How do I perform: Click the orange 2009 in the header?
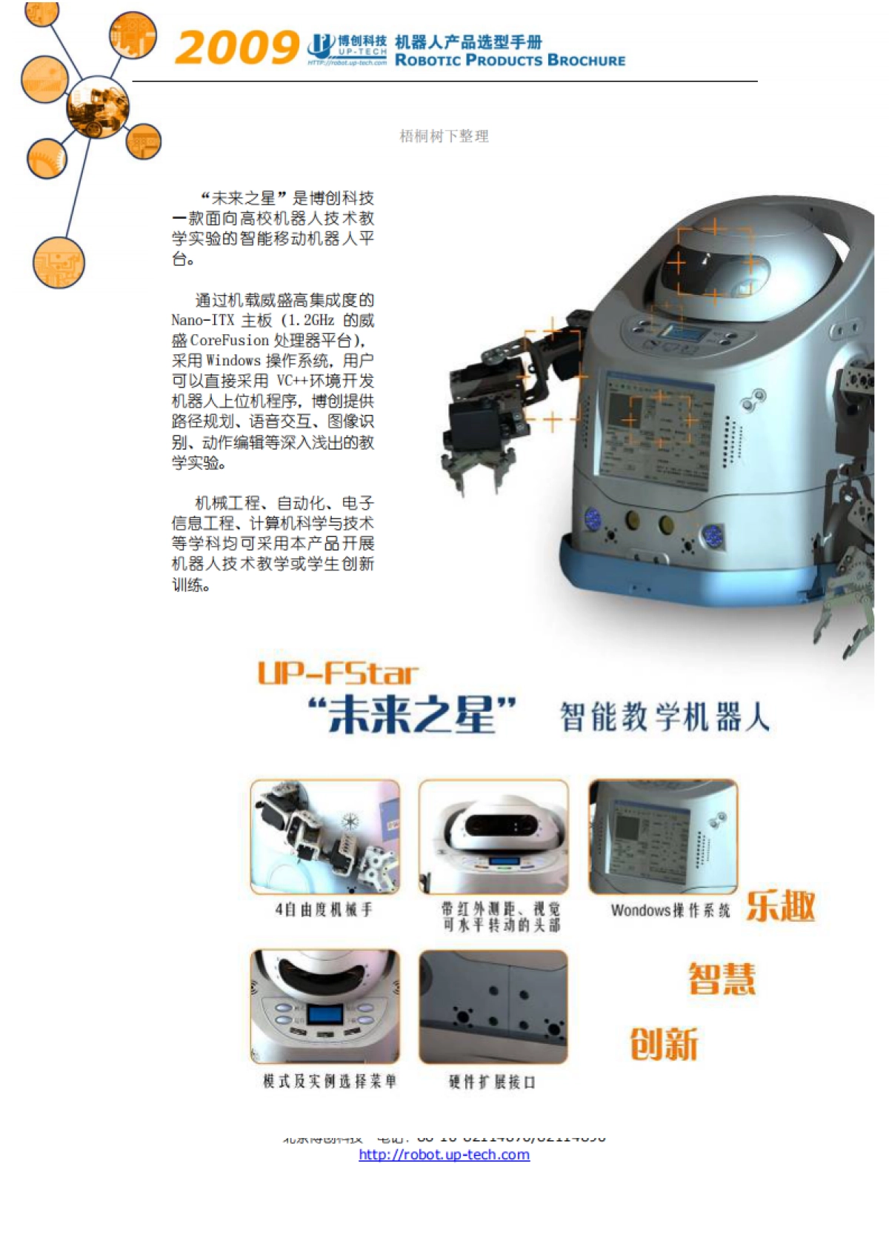click(x=236, y=48)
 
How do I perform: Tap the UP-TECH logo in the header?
click(x=347, y=49)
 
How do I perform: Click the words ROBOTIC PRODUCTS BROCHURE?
click(x=510, y=61)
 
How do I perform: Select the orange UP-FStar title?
click(x=338, y=673)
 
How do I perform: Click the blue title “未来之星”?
click(x=412, y=716)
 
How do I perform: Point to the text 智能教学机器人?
click(x=664, y=717)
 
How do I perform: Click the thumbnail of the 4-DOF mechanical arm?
click(x=324, y=836)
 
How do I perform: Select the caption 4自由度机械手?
click(x=324, y=909)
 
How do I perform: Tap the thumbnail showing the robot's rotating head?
click(x=493, y=836)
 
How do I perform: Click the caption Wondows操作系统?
click(x=670, y=911)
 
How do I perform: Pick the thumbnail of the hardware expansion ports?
click(x=493, y=1007)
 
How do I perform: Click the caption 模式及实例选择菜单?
click(x=330, y=1082)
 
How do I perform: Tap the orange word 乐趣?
click(x=780, y=906)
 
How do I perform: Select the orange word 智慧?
click(x=722, y=979)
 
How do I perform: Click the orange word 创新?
click(x=664, y=1044)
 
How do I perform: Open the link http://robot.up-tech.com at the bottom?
click(x=444, y=1154)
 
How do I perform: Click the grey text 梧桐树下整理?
click(x=444, y=136)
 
